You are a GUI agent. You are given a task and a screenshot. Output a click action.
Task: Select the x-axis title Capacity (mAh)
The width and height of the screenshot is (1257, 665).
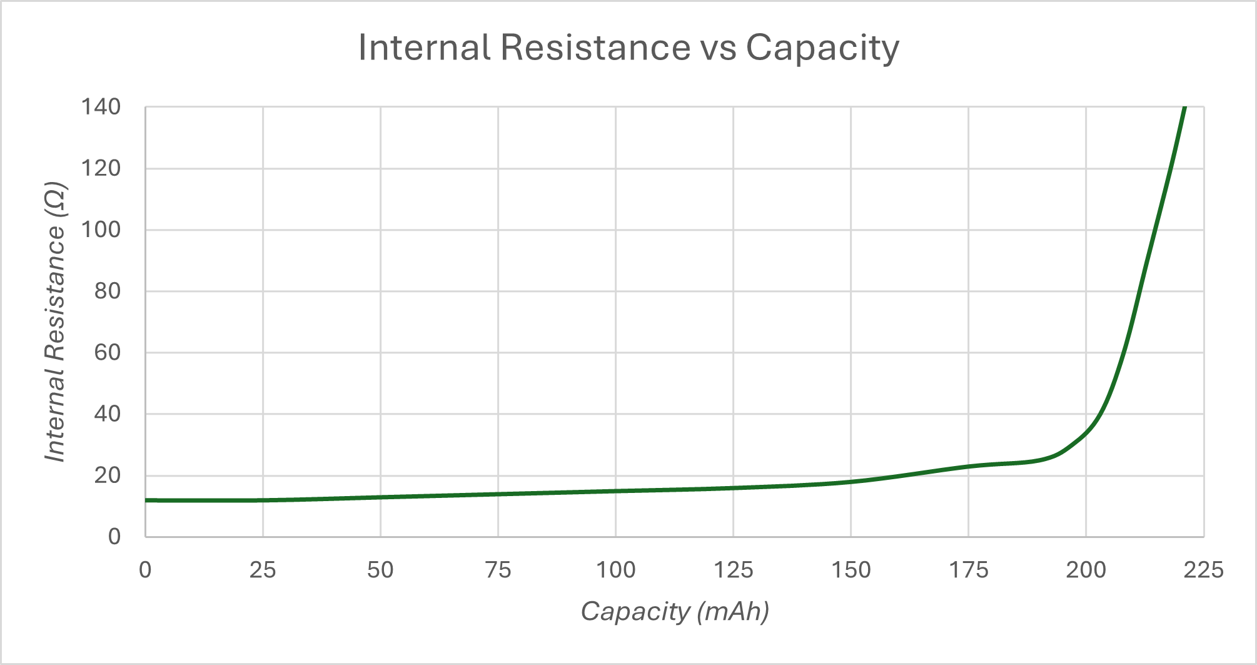(x=674, y=611)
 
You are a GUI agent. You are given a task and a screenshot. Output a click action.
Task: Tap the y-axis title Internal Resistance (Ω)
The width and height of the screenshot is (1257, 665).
(x=55, y=322)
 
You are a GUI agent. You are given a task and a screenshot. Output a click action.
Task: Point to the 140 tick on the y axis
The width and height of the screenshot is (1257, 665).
(x=101, y=107)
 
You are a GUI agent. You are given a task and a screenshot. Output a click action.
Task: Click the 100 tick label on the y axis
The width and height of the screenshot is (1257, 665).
(x=101, y=230)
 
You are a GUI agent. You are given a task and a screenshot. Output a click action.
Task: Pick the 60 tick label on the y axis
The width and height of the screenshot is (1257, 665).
(x=107, y=353)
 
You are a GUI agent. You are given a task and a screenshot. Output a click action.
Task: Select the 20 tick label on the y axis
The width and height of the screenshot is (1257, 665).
(x=107, y=475)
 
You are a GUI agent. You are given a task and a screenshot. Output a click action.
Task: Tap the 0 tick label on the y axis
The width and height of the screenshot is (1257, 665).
(x=114, y=536)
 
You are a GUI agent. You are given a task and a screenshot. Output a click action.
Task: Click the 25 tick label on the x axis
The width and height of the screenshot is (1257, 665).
(x=263, y=570)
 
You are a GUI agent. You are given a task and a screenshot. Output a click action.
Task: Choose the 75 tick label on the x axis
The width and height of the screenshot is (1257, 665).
(x=498, y=570)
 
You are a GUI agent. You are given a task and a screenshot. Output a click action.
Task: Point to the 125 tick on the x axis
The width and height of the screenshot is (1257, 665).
(x=733, y=570)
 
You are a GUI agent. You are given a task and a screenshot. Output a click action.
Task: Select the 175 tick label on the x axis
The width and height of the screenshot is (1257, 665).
(x=968, y=570)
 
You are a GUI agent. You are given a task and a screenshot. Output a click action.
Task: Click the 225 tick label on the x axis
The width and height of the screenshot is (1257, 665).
(x=1203, y=570)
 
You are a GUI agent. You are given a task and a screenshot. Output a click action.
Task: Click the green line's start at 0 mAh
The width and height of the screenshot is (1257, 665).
(x=146, y=500)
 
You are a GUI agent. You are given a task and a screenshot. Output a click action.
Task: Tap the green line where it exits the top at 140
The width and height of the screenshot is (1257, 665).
(x=1184, y=108)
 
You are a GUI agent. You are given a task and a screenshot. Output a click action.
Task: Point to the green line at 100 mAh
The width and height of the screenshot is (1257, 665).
(x=616, y=491)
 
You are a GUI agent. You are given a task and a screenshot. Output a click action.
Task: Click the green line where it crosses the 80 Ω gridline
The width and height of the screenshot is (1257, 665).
(x=1140, y=291)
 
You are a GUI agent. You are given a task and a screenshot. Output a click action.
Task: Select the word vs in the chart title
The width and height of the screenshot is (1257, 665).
(x=718, y=48)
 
